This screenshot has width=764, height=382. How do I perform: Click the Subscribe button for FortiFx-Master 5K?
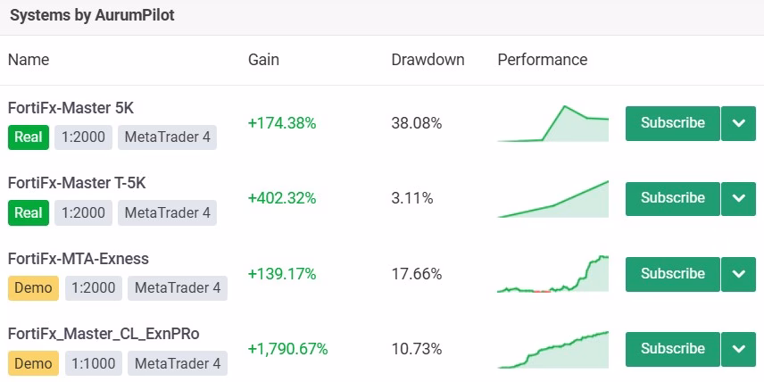[x=672, y=123]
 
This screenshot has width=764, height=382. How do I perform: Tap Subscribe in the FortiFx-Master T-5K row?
[x=672, y=198]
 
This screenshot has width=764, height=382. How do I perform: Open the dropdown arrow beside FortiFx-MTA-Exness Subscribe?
[x=739, y=274]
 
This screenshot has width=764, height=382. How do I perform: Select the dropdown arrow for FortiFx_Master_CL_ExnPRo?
[x=739, y=349]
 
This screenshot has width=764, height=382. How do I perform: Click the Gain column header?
[x=263, y=60]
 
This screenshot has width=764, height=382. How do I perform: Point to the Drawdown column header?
[x=428, y=60]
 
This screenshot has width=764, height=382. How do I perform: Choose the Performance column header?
[x=543, y=60]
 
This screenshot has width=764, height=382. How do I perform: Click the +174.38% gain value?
[x=282, y=123]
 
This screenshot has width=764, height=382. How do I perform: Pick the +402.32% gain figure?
[x=282, y=198]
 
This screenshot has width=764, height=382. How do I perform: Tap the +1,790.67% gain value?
[x=288, y=349]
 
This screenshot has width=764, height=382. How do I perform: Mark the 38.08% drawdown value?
[x=417, y=123]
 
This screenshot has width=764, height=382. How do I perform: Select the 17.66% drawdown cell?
[x=417, y=274]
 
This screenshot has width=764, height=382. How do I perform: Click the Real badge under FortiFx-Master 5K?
[x=29, y=137]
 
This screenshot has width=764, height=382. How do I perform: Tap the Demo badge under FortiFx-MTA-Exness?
[x=33, y=288]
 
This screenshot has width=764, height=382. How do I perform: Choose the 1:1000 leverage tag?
[x=94, y=363]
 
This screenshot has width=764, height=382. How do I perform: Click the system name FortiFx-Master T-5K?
[x=77, y=183]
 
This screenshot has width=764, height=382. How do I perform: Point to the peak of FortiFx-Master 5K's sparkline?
[x=565, y=106]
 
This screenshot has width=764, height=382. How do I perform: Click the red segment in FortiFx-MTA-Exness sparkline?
[x=542, y=291]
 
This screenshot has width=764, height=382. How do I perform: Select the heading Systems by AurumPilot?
[x=92, y=15]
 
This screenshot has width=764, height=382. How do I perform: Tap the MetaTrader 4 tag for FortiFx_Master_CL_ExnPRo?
[x=178, y=363]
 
